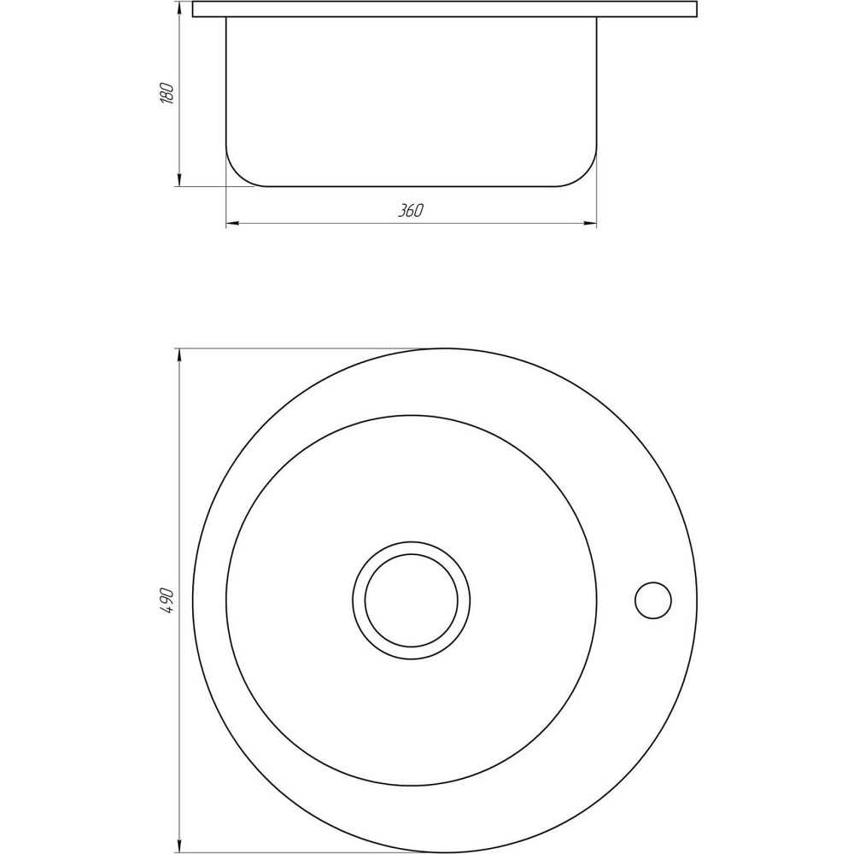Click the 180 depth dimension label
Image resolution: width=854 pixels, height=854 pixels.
tap(167, 93)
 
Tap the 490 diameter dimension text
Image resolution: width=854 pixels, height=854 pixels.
tap(167, 601)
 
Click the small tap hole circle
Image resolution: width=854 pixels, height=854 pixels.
tap(653, 600)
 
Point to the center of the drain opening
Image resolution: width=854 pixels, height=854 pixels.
tap(411, 600)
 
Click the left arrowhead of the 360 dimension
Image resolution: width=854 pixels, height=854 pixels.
tap(231, 225)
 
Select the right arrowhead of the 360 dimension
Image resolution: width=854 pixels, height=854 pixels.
tap(591, 225)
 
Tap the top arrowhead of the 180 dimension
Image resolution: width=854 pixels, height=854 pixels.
tap(179, 7)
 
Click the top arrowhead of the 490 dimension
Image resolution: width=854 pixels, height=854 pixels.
tap(179, 354)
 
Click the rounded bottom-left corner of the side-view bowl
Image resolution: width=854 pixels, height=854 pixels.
tap(237, 176)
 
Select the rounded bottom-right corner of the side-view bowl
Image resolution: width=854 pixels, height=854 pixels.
tap(586, 176)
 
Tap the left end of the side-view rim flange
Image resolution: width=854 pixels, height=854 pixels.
tap(194, 9)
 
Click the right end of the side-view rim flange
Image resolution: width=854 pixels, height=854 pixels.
tap(696, 9)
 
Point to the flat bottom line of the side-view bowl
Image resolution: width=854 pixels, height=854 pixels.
tap(411, 186)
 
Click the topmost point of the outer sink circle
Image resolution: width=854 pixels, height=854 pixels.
tap(444, 348)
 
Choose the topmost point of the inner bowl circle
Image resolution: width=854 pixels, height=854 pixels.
tap(411, 416)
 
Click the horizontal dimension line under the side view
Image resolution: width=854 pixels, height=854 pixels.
tap(342, 225)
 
